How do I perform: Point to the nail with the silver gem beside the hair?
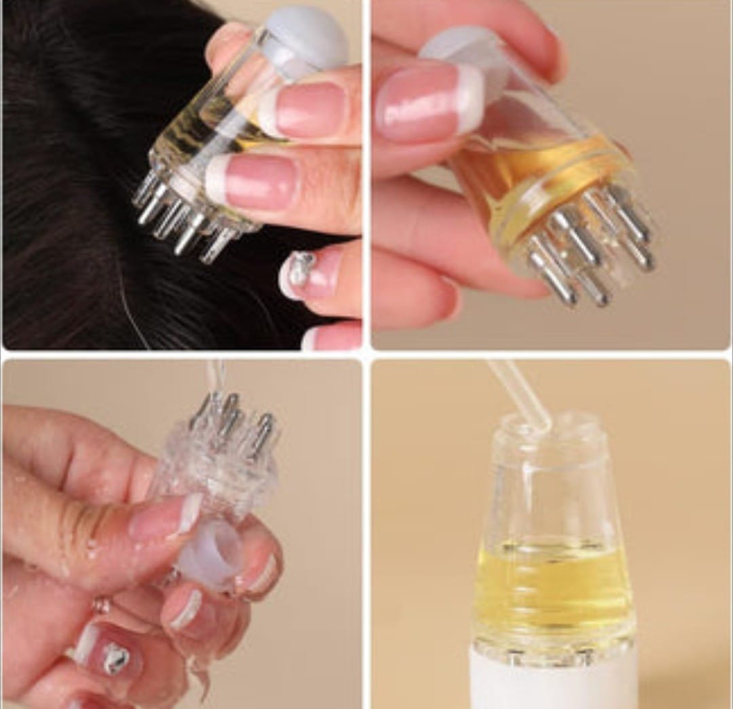pyautogui.click(x=303, y=272)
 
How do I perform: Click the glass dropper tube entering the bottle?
pyautogui.click(x=519, y=394)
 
